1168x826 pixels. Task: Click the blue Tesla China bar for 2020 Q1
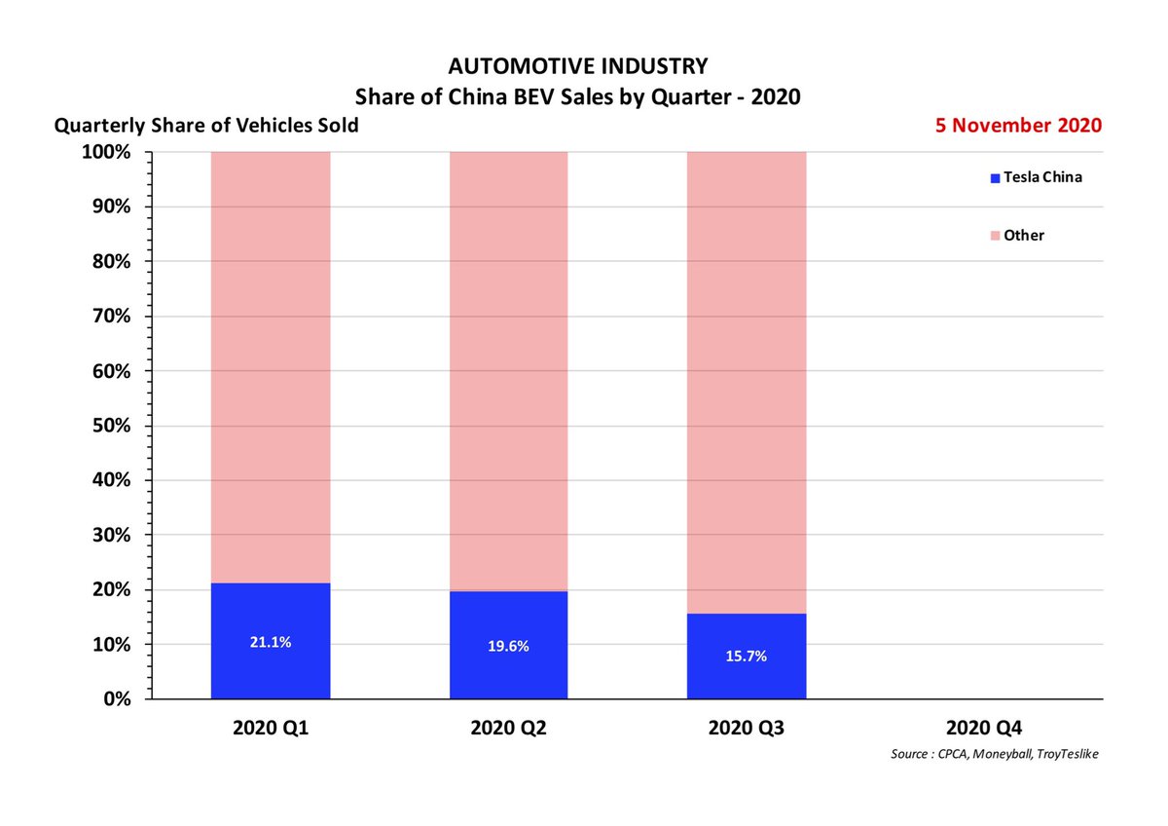point(270,672)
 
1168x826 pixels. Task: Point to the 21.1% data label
point(270,642)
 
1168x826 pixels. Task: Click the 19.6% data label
point(507,646)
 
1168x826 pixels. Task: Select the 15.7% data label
point(746,657)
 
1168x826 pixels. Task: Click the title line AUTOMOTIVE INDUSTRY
point(578,66)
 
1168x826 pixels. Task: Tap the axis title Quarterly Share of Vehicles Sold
point(206,126)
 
